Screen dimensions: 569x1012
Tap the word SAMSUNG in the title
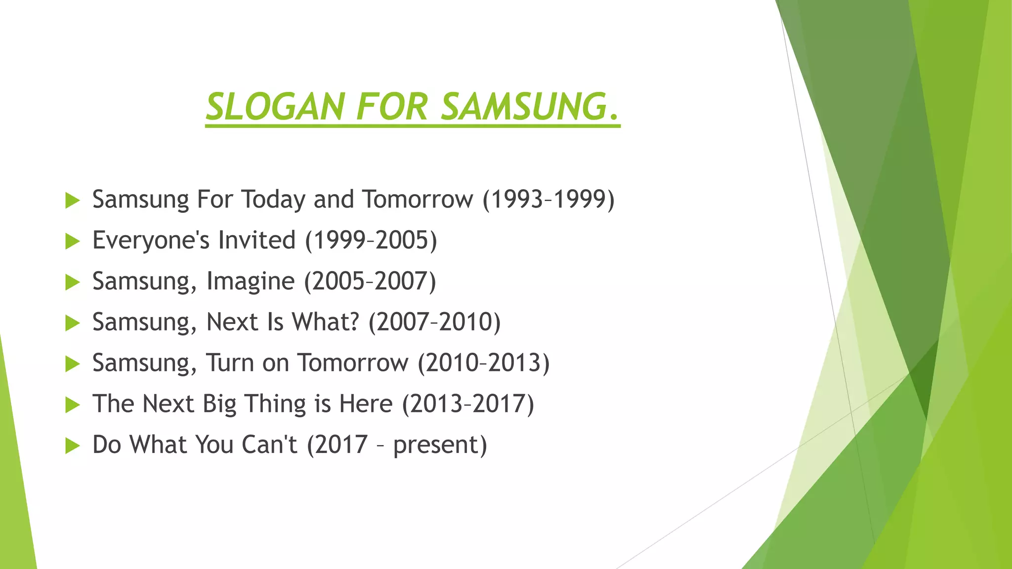[x=524, y=107]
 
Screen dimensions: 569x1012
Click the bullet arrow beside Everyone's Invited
[x=72, y=242]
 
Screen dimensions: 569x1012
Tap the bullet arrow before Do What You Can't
[x=72, y=446]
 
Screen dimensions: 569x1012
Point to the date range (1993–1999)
[x=548, y=200]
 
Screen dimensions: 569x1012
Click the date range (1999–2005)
[x=371, y=241]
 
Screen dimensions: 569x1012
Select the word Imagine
[x=250, y=282]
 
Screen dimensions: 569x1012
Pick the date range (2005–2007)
[x=370, y=282]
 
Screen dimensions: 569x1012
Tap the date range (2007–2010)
[x=434, y=322]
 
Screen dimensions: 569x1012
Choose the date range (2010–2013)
[x=484, y=363]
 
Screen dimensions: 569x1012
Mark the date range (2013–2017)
[x=468, y=404]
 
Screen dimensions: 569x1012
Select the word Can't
[x=269, y=445]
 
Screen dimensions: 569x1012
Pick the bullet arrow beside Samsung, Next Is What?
[x=72, y=324]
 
